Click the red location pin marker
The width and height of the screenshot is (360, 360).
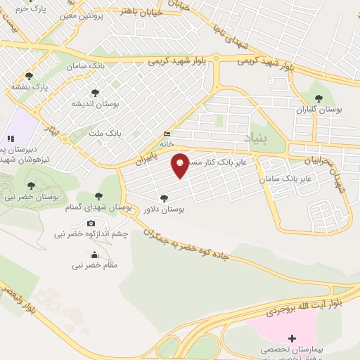point(181,165)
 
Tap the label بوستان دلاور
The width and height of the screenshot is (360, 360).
point(164,210)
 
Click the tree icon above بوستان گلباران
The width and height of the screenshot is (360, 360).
point(319,98)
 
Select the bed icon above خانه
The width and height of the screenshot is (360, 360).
point(167,134)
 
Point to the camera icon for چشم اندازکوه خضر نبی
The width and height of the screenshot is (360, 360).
point(91,223)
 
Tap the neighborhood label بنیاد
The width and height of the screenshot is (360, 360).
point(257,136)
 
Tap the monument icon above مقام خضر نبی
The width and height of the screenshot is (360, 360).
point(95,255)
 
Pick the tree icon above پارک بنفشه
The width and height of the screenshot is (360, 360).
point(29,76)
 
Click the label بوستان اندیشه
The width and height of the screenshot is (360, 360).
point(95,103)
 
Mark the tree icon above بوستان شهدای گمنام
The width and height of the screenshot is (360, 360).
point(98,196)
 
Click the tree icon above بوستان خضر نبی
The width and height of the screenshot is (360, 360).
point(30,186)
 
